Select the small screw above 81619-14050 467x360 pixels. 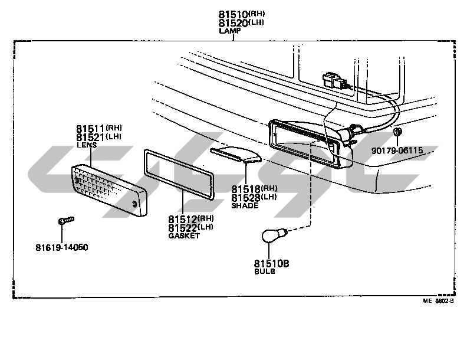tap(65, 221)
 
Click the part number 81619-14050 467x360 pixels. tap(61, 247)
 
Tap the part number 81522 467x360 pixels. tap(182, 228)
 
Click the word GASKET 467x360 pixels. tap(184, 235)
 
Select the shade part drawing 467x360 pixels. tap(235, 154)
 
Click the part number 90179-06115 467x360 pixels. tap(397, 150)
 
